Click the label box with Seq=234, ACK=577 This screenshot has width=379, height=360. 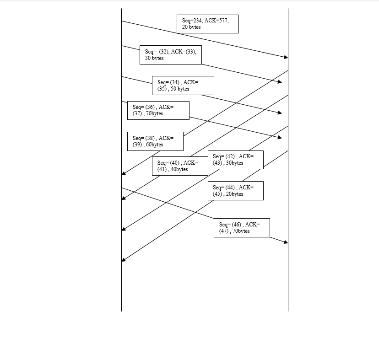pyautogui.click(x=208, y=24)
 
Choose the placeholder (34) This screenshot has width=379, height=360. pyautogui.click(x=175, y=82)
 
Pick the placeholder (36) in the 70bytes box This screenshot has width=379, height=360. pyautogui.click(x=150, y=107)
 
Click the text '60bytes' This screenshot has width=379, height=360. pyautogui.click(x=154, y=145)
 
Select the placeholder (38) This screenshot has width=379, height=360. pyautogui.click(x=150, y=138)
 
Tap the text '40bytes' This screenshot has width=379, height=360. pyautogui.click(x=179, y=169)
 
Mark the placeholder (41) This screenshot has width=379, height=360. pyautogui.click(x=162, y=169)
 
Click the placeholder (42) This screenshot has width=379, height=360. pyautogui.click(x=230, y=156)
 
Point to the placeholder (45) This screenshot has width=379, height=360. pyautogui.click(x=217, y=194)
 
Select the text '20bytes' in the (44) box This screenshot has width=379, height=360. pyautogui.click(x=234, y=194)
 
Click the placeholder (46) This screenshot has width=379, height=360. pyautogui.click(x=237, y=225)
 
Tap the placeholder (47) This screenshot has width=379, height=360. pyautogui.click(x=224, y=231)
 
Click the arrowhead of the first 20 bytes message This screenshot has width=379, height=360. pyautogui.click(x=286, y=57)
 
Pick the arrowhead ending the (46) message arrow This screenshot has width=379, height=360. pyautogui.click(x=286, y=242)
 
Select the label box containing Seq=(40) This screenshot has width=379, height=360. pyautogui.click(x=180, y=166)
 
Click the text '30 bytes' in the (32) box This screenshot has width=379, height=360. pyautogui.click(x=154, y=58)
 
